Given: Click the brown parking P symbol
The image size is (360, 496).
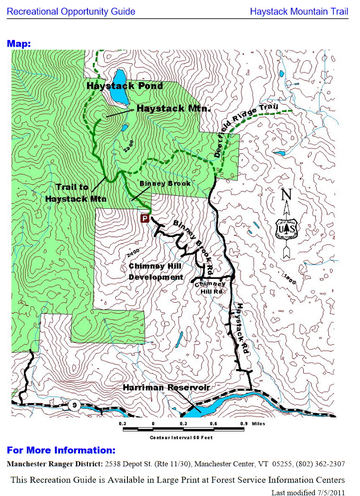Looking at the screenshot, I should tap(145, 218).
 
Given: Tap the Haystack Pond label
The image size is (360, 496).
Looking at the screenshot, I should tap(125, 86).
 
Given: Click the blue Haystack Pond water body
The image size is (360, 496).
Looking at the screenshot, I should tap(120, 86).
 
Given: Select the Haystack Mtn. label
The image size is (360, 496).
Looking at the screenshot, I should tap(173, 108).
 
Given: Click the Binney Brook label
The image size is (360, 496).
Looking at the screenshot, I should tap(165, 184).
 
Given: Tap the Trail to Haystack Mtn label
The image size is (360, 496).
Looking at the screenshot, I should tap(76, 192).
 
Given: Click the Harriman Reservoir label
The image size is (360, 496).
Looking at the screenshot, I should tap(168, 388).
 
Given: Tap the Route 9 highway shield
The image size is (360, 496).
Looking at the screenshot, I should tap(74, 406).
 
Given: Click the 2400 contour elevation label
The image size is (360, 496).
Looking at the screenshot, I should tap(133, 253).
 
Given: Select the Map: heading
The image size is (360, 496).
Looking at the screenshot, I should tap(19, 44).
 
